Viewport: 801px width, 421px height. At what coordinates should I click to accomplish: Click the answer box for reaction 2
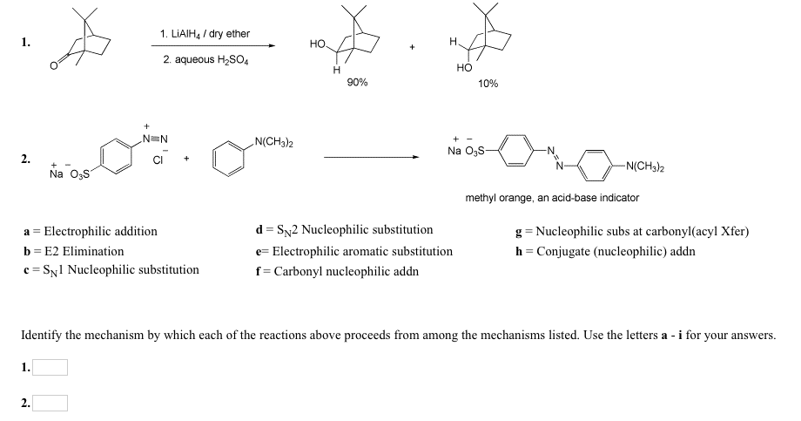(x=50, y=403)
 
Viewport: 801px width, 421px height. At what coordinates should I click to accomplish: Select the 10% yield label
(x=488, y=83)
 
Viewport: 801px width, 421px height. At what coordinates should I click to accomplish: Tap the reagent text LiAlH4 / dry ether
(x=205, y=34)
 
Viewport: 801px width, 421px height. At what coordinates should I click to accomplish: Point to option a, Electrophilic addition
(x=90, y=231)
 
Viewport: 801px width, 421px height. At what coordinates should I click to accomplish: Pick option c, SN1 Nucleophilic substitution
(x=111, y=270)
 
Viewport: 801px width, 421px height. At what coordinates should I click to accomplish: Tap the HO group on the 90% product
(x=318, y=43)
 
